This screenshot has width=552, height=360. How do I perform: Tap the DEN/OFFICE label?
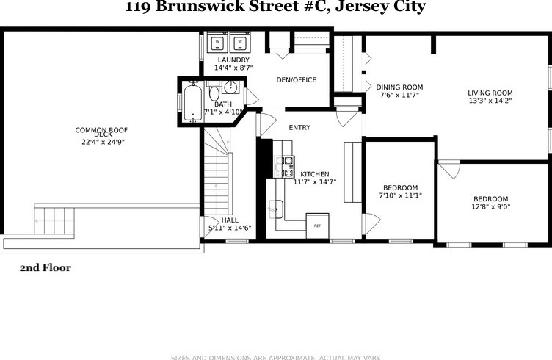[x=296, y=79]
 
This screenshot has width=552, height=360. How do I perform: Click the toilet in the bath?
[x=214, y=94]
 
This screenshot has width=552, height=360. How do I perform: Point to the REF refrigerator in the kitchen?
[x=317, y=223]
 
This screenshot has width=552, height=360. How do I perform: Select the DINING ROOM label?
[x=401, y=87]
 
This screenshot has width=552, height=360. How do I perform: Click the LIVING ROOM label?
[x=490, y=93]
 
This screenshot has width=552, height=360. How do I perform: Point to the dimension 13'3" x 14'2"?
[x=490, y=101]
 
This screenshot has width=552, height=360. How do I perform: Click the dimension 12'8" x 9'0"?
[x=490, y=207]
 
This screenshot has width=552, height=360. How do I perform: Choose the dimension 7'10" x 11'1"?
[x=400, y=195]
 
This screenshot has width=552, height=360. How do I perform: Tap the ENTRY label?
[x=299, y=128]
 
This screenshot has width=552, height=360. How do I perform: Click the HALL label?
[x=230, y=220]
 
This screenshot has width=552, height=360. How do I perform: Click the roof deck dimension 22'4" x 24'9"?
[x=103, y=142]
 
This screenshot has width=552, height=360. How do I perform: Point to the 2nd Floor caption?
[x=45, y=268]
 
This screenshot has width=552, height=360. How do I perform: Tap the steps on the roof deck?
[x=54, y=220]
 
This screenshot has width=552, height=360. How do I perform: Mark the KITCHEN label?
[x=315, y=174]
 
